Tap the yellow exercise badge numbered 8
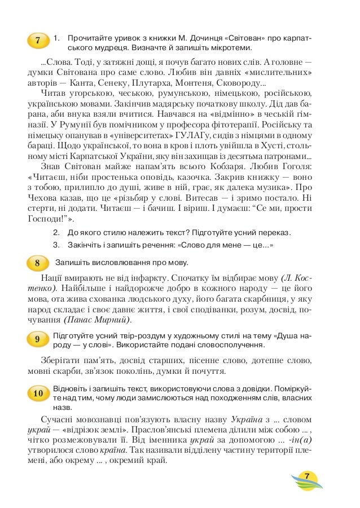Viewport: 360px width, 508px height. tap(37, 263)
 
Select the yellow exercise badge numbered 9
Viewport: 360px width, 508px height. tap(37, 339)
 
